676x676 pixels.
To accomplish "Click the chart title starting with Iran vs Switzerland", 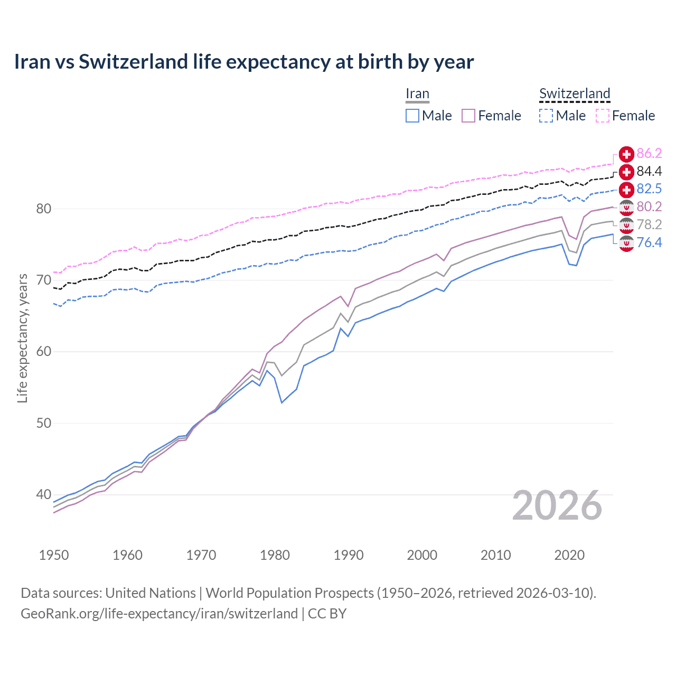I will click(243, 62).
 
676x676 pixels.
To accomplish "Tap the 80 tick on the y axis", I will click(43, 209).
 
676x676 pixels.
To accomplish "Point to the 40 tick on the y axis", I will click(43, 495).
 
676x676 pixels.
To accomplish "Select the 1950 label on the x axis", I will click(54, 555).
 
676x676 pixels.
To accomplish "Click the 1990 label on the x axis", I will click(349, 555).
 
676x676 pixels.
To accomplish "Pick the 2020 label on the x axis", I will click(569, 555).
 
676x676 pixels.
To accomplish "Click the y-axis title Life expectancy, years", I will click(23, 338).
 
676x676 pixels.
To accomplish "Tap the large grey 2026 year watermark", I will click(557, 505).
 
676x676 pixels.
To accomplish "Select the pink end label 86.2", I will click(649, 154).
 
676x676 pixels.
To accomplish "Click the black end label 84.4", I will click(649, 171).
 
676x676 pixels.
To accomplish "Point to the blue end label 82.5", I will click(649, 189).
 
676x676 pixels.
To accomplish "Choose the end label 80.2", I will click(649, 206).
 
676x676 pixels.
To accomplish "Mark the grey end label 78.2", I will click(649, 224).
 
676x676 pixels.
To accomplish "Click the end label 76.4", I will click(649, 242).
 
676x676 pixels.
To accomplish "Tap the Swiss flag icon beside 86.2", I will click(626, 154).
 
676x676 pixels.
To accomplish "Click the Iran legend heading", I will click(417, 93).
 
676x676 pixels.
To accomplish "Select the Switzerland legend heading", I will click(575, 93).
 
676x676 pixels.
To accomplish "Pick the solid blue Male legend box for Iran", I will click(412, 116).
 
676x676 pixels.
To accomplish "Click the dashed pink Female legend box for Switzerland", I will click(603, 116).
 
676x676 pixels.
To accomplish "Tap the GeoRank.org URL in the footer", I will click(159, 614).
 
